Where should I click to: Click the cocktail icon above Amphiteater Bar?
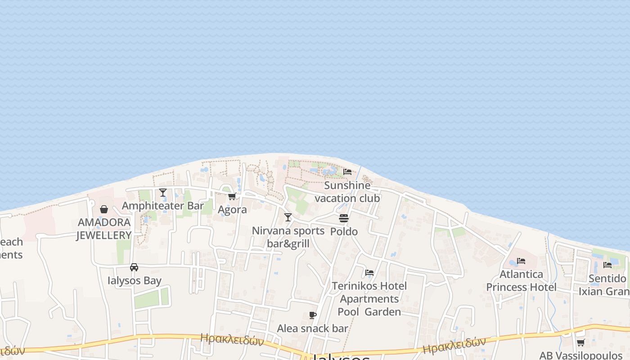163,193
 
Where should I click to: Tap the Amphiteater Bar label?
163,206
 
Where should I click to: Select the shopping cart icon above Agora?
232,197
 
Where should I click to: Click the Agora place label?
232,210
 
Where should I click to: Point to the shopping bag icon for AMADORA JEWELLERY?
104,209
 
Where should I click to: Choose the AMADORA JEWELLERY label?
104,229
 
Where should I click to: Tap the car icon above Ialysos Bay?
134,267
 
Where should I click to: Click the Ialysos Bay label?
134,281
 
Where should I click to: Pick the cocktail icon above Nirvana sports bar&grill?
288,218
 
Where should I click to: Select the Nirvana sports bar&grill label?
288,237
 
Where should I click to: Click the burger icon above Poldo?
344,218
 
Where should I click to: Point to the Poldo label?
344,232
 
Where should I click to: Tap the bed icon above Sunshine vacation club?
347,172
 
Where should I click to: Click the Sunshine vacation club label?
347,192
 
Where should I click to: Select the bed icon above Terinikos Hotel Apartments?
369,273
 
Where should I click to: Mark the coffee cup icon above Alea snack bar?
313,315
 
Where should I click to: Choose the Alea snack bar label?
312,328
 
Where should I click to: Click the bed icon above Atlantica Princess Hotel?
521,261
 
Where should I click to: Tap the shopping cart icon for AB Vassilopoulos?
581,343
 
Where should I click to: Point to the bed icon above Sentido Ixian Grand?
607,265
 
